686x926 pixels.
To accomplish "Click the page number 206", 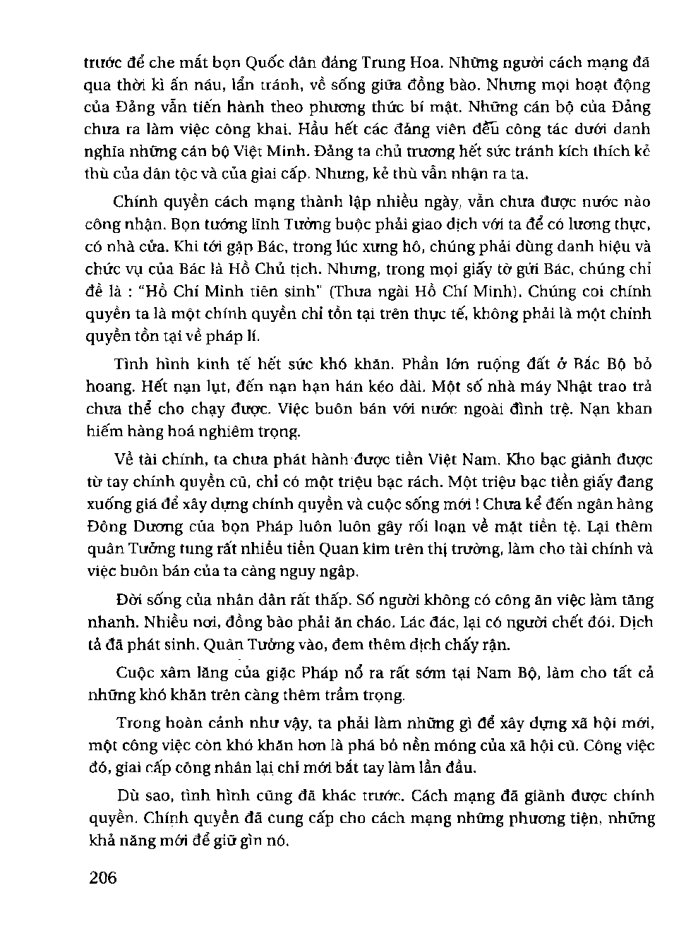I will pyautogui.click(x=103, y=878).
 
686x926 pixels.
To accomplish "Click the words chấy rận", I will pyautogui.click(x=478, y=645).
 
